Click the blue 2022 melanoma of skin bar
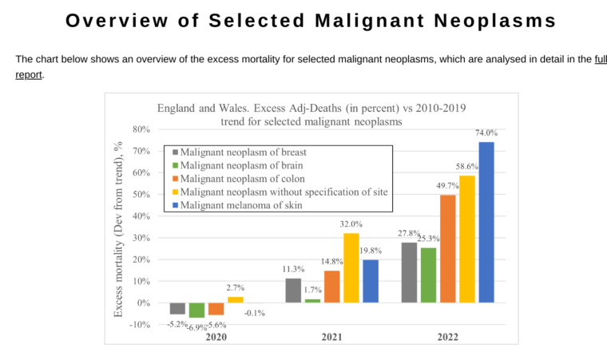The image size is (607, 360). click(486, 222)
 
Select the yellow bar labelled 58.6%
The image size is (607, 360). click(467, 239)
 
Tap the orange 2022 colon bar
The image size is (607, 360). click(448, 248)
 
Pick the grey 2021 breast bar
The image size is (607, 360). click(293, 290)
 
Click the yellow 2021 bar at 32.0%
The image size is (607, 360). click(351, 267)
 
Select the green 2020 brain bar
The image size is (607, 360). click(197, 310)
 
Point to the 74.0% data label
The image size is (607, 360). click(486, 133)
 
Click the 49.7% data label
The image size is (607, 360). click(448, 185)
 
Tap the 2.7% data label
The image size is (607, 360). click(236, 287)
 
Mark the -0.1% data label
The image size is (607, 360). click(253, 313)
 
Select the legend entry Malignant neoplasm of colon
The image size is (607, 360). click(242, 179)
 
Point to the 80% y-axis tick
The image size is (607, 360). click(141, 129)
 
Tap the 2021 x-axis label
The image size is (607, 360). click(332, 337)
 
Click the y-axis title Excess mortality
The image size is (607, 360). click(118, 227)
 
